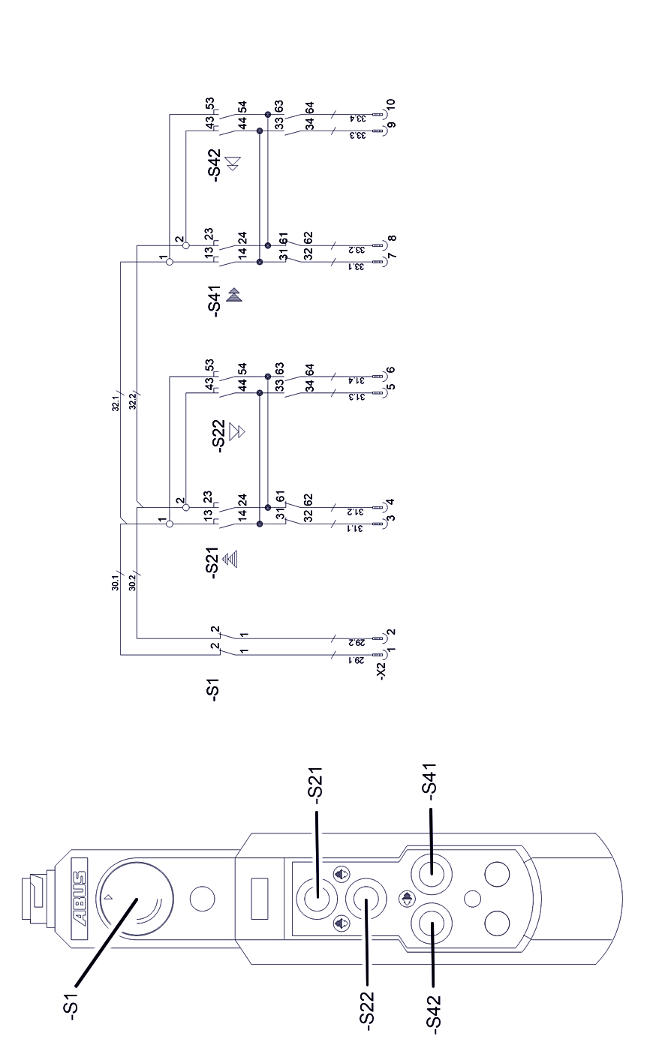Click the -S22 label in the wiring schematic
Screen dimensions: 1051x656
coord(218,435)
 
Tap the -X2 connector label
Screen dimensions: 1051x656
coord(381,670)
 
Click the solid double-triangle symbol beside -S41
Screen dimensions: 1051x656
coord(234,294)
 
